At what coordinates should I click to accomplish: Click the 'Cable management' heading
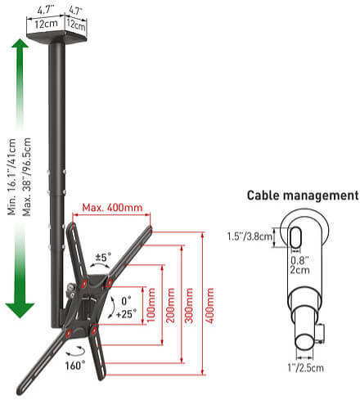coord(303,196)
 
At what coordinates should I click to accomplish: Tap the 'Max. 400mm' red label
coord(112,208)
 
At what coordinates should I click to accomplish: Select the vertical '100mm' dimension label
coord(151,305)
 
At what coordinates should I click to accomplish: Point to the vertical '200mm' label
coord(170,305)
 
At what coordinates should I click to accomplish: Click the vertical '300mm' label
coord(189,305)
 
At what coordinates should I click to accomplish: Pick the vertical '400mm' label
coord(209,305)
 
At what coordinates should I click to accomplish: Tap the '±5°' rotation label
coord(103,257)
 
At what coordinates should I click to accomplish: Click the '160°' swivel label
coord(74,366)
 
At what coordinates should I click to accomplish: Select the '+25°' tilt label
coord(126,314)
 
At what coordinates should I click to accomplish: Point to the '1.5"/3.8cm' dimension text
coord(250,236)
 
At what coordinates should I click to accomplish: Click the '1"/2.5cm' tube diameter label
coord(305,368)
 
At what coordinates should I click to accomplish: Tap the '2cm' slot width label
coord(299,270)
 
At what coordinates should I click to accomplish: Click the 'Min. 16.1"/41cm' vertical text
coord(11,177)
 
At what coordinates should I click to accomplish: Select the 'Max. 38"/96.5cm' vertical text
coord(26,177)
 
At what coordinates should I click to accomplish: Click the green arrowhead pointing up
coord(20,43)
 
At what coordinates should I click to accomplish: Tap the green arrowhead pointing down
coord(20,310)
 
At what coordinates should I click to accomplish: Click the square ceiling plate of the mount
coord(57,37)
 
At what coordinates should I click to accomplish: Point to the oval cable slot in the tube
coord(295,237)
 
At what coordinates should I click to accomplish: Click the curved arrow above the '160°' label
coord(75,351)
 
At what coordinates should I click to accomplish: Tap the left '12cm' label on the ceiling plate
coord(46,24)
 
